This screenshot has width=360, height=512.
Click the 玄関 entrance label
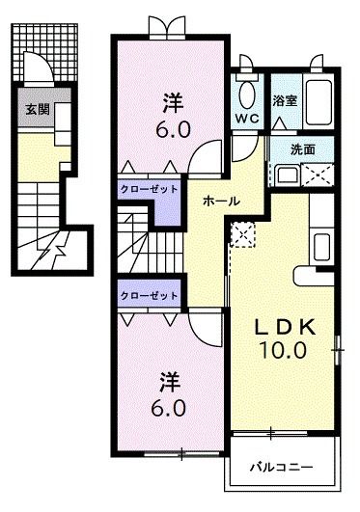[x=38, y=110]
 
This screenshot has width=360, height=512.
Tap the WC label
[x=247, y=119]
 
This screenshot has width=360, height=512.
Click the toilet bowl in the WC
[x=247, y=94]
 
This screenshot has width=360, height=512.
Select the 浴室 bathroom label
[x=285, y=101]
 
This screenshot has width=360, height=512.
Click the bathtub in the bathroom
[x=318, y=102]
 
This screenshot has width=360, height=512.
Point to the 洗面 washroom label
[x=303, y=149]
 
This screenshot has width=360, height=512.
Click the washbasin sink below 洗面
[x=287, y=175]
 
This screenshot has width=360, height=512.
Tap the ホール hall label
[x=221, y=202]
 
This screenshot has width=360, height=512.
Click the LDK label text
[x=285, y=327]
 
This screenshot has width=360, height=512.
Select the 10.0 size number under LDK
[x=283, y=350]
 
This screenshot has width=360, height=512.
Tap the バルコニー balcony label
[x=282, y=468]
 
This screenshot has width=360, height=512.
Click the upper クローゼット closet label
[x=149, y=189]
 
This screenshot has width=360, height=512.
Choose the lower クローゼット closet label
[x=149, y=296]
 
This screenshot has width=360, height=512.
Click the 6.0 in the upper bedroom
[x=173, y=129]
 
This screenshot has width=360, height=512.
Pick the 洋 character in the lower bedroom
[x=170, y=383]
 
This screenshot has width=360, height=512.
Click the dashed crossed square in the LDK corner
[x=242, y=234]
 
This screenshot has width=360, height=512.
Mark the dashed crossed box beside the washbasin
[x=318, y=175]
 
